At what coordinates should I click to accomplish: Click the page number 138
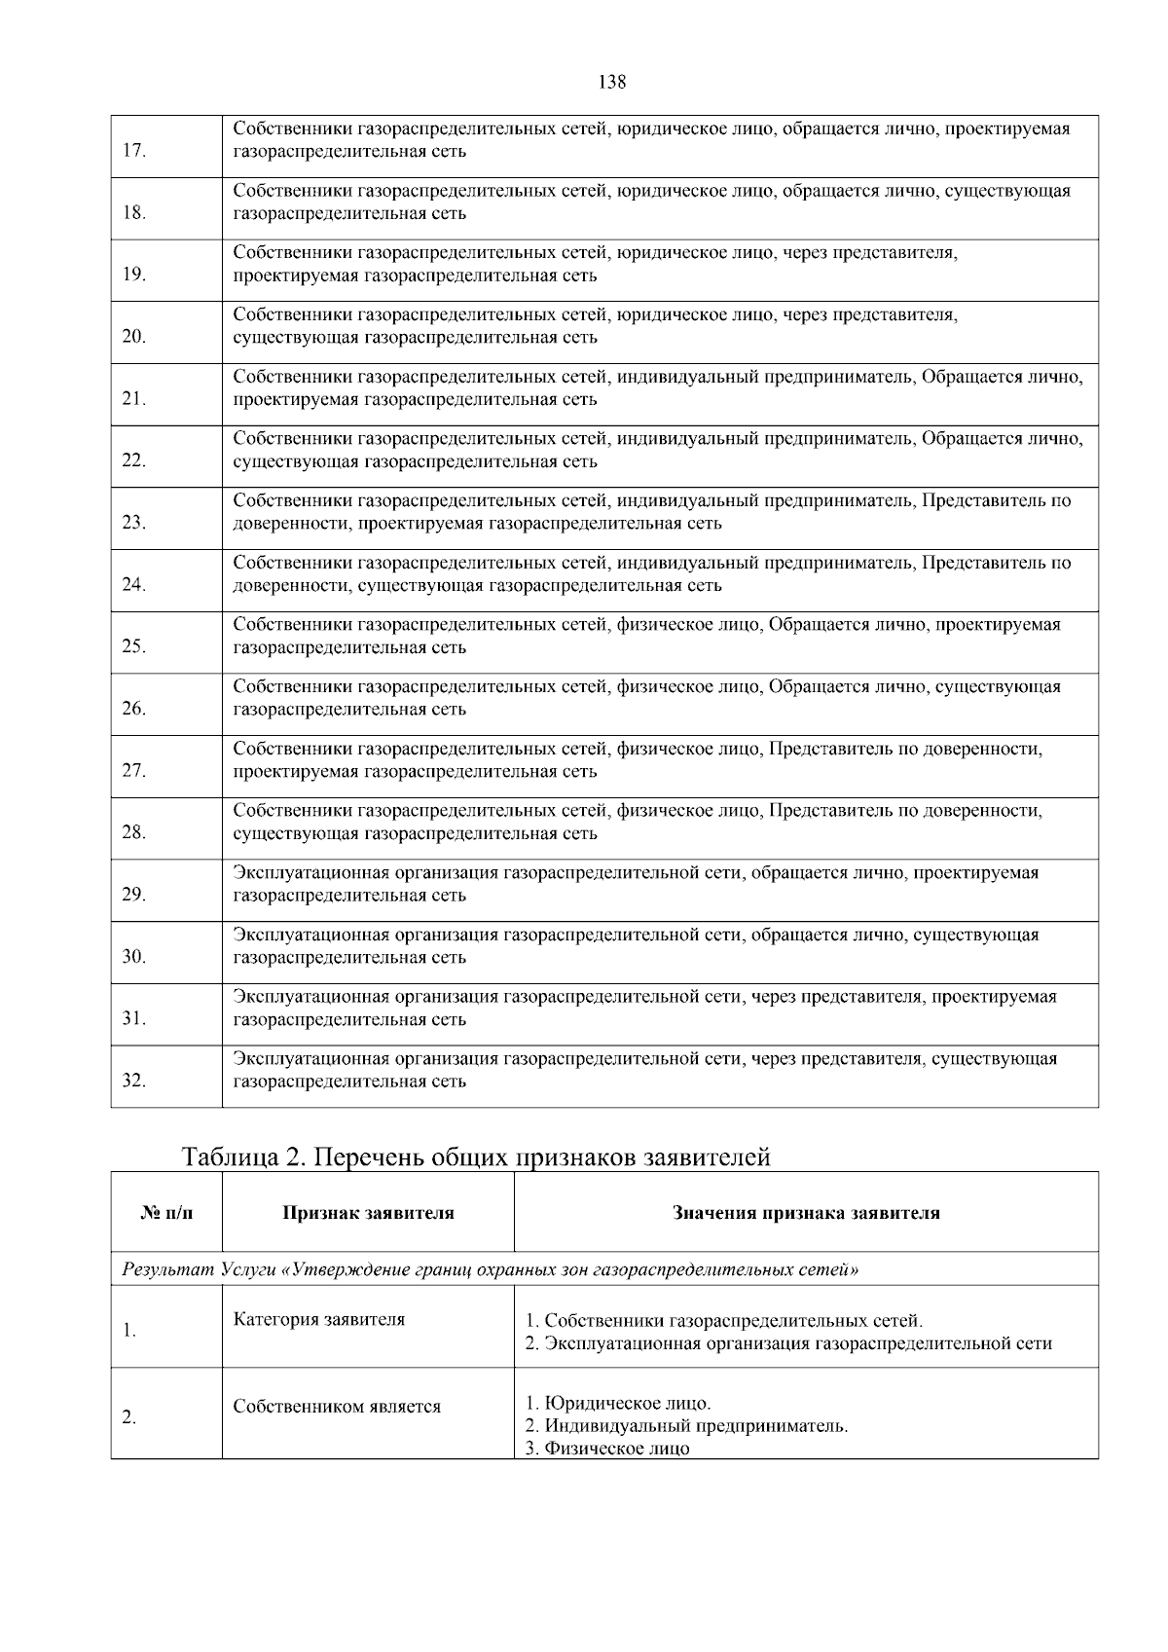tap(612, 82)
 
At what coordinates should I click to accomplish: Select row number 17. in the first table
tap(134, 150)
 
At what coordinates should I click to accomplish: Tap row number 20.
tap(134, 337)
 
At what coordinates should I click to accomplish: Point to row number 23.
tap(134, 523)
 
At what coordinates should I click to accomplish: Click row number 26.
tap(134, 709)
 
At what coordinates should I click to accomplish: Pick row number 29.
tap(134, 895)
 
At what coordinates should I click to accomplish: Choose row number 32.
tap(134, 1081)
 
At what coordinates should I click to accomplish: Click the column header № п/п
tap(166, 1213)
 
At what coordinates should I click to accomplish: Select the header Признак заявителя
tap(368, 1213)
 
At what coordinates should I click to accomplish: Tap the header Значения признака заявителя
tap(806, 1213)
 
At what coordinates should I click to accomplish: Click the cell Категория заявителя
tap(319, 1320)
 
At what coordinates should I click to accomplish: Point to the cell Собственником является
tap(337, 1407)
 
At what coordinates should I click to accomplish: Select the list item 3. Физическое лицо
tap(607, 1449)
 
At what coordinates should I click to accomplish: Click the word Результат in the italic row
tap(167, 1269)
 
